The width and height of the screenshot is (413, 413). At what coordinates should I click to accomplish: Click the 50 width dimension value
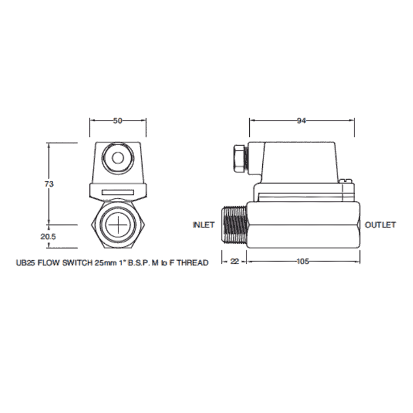point(118,121)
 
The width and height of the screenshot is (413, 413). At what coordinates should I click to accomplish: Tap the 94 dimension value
point(302,121)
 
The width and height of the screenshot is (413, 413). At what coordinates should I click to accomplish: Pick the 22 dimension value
point(234,261)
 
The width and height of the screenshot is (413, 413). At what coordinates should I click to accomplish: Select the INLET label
point(204,225)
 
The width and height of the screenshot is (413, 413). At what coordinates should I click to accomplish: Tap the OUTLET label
point(380,225)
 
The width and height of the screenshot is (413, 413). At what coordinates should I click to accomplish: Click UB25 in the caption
point(24,263)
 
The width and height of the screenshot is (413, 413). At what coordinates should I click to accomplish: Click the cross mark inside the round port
point(118,226)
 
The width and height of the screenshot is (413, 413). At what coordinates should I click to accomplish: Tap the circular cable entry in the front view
point(118,155)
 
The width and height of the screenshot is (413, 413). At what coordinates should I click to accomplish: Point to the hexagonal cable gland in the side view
point(239,158)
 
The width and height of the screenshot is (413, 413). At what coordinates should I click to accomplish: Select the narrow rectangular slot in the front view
point(118,192)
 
